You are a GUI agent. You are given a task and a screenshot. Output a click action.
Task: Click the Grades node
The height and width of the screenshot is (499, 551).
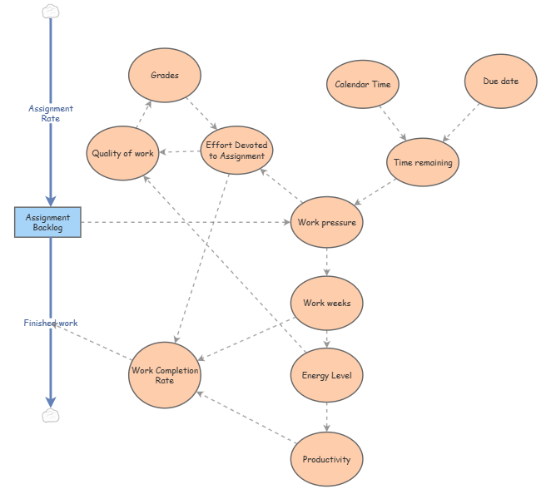(165, 76)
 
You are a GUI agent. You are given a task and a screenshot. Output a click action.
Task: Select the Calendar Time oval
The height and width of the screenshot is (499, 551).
(363, 84)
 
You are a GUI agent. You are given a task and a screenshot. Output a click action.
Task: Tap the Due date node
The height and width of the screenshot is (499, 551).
(501, 82)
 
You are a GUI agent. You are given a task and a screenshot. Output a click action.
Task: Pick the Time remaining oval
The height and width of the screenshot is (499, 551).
(423, 163)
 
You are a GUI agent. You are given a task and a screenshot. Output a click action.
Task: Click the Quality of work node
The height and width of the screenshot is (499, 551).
(122, 153)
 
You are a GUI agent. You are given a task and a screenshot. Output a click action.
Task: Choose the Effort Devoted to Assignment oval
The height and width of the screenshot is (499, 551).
(237, 151)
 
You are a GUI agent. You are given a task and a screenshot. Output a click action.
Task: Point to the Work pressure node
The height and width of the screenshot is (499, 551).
(327, 222)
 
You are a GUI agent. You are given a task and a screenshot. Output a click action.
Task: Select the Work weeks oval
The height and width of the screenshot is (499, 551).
(327, 303)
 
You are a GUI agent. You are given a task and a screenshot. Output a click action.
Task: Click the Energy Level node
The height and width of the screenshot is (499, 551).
(327, 375)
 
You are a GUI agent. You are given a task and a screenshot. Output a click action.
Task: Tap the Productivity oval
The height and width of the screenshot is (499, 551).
(327, 459)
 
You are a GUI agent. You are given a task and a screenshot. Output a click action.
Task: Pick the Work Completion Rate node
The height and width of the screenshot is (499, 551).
(165, 375)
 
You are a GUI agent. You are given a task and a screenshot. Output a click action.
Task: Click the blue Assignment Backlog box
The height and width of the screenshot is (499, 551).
(48, 222)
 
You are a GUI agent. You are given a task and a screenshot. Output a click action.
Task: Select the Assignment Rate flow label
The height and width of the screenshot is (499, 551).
(51, 113)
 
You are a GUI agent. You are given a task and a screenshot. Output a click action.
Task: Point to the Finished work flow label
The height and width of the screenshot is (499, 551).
(51, 323)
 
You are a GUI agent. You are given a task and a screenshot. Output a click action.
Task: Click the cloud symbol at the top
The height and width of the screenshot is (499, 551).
(51, 11)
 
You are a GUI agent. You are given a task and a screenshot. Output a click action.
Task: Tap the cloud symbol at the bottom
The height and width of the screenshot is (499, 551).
(51, 414)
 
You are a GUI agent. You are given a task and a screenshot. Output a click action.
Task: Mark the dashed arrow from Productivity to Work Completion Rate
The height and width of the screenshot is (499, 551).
(246, 417)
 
